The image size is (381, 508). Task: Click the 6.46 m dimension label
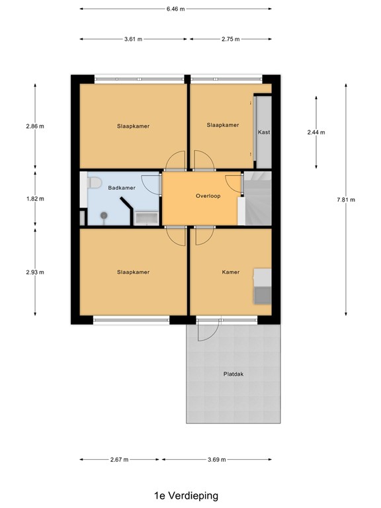click(175, 9)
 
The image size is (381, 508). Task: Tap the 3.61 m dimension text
click(134, 39)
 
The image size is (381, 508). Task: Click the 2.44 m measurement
click(317, 132)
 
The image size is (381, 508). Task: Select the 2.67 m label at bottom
click(119, 460)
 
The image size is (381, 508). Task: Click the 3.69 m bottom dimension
click(216, 460)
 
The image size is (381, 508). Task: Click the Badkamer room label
click(122, 188)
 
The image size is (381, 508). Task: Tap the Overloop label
click(207, 196)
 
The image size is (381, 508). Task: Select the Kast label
click(265, 132)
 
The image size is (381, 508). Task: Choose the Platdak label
click(234, 374)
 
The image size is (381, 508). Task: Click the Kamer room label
click(231, 272)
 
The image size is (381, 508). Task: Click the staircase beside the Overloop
click(258, 198)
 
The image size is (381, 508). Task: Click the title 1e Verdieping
click(186, 495)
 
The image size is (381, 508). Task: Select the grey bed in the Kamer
click(263, 286)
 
